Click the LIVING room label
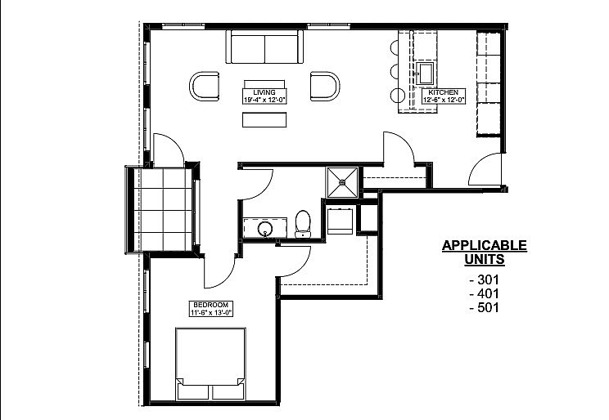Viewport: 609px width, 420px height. tap(264, 92)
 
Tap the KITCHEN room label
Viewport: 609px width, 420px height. tap(443, 92)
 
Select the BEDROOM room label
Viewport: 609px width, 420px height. tap(211, 305)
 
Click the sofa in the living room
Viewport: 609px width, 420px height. tap(264, 47)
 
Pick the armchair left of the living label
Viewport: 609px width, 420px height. tap(205, 87)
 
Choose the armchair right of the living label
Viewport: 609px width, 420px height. tap(325, 87)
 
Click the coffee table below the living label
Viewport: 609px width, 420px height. tap(264, 120)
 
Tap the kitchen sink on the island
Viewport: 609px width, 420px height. tap(426, 74)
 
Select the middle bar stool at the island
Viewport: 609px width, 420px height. tap(395, 71)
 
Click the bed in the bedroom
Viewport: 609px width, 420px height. tap(210, 364)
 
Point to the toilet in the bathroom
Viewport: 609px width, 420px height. tap(303, 224)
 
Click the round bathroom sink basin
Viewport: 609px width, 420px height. tap(266, 229)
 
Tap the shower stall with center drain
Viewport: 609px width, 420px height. tap(342, 182)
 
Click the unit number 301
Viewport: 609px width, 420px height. tap(485, 279)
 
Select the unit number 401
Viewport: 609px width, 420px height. tap(485, 293)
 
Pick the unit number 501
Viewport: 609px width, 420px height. tap(485, 307)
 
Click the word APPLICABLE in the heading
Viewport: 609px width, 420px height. tap(485, 245)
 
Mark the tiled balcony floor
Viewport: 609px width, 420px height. tap(163, 210)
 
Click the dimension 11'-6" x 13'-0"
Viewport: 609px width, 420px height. tap(211, 312)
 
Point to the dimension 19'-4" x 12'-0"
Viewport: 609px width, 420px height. tap(264, 100)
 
